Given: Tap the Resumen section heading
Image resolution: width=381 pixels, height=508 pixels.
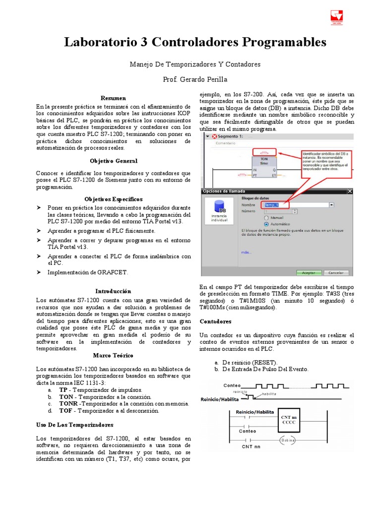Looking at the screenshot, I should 114,98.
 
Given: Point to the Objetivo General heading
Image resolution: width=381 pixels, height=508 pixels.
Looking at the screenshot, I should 114,161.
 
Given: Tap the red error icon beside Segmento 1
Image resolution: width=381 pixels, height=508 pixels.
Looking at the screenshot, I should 214,136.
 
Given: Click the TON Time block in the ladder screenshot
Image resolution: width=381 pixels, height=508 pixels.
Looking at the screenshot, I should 264,166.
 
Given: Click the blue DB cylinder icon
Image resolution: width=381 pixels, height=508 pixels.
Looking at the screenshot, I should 219,207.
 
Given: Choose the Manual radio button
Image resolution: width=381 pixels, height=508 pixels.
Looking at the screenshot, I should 267,217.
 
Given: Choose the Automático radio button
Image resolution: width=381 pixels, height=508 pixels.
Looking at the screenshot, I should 267,224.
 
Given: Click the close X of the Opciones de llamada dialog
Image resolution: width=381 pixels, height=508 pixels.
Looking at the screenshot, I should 363,191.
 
